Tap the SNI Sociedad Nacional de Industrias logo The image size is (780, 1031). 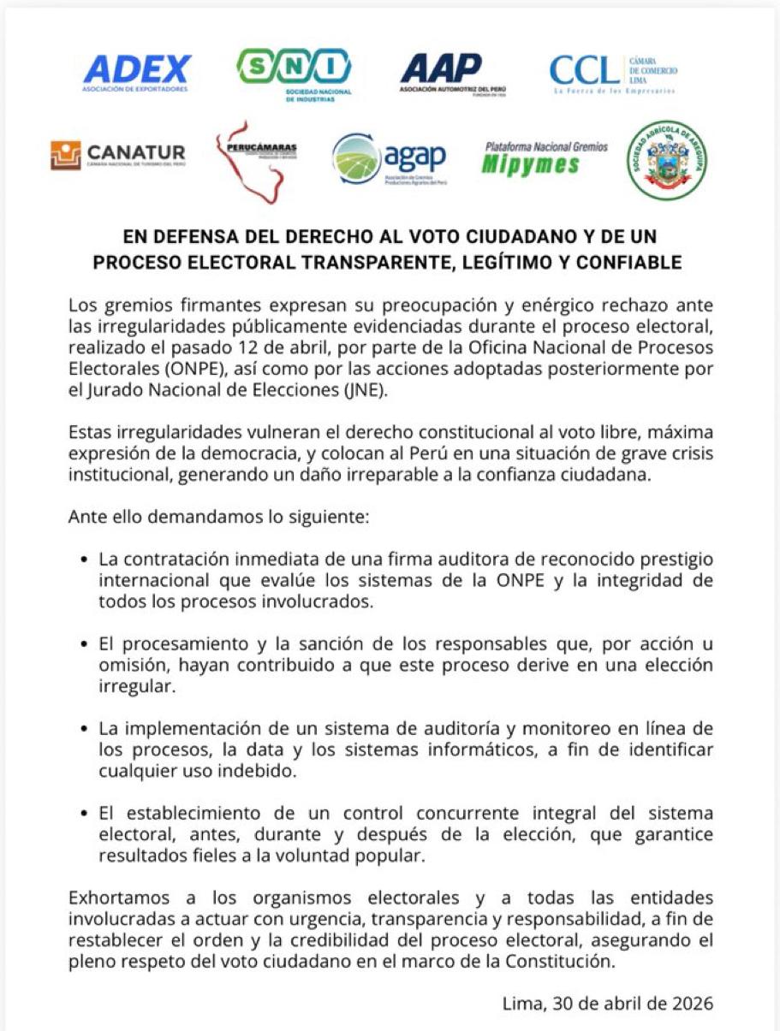click(x=294, y=72)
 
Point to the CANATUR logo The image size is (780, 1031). click(x=118, y=155)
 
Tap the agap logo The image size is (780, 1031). click(x=390, y=159)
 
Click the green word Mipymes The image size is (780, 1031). click(x=530, y=165)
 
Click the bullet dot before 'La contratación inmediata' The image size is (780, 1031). click(x=85, y=560)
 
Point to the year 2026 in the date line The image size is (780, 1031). click(x=691, y=1004)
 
